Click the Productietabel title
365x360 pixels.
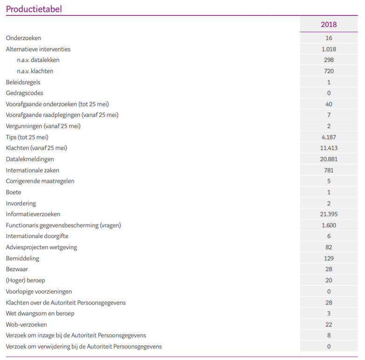[x=34, y=9]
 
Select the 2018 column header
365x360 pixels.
[x=329, y=24]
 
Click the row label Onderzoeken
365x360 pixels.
[x=23, y=38]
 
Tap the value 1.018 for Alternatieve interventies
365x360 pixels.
[x=329, y=49]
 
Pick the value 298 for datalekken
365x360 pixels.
[x=329, y=60]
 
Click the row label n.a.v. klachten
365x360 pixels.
[x=35, y=71]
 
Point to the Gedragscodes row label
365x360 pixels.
[x=24, y=93]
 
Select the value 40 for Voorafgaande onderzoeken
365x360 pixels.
[x=329, y=104]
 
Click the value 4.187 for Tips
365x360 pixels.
[x=329, y=137]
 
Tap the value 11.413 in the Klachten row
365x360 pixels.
[x=329, y=148]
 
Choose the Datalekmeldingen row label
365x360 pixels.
[x=30, y=159]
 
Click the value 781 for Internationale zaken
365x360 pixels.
[x=329, y=170]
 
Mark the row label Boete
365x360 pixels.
[x=14, y=192]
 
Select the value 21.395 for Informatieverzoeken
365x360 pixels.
[x=329, y=214]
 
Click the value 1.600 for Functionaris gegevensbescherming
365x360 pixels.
[x=329, y=225]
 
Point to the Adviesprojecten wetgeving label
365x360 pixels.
[x=41, y=247]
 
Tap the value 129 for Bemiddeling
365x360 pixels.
[x=329, y=258]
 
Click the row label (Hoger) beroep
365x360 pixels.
[x=25, y=280]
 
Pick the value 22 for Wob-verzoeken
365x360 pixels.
[x=329, y=324]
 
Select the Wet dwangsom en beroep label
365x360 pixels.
[x=40, y=313]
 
